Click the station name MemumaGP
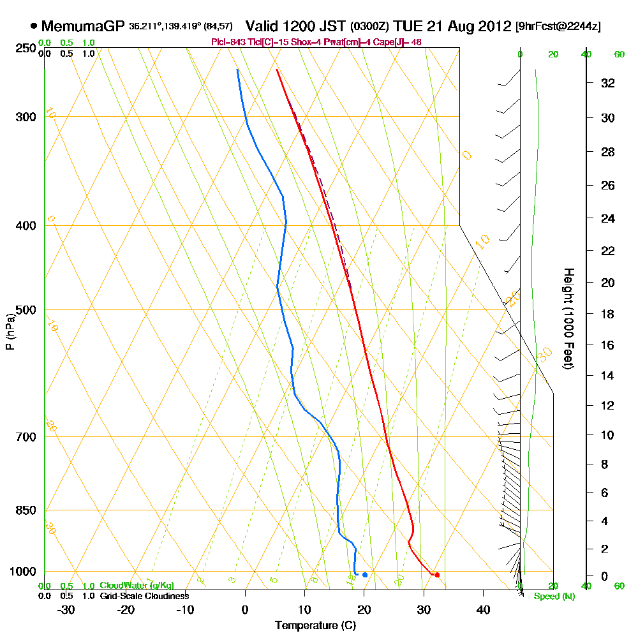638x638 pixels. tap(83, 26)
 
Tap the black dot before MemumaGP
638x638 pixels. tap(33, 26)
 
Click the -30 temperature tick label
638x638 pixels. tap(66, 610)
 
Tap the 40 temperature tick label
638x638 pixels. tap(483, 610)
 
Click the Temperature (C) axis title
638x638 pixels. tap(315, 626)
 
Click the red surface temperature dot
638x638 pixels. tap(437, 575)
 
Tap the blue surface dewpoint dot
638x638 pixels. tap(365, 575)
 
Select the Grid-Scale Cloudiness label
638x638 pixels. tap(144, 596)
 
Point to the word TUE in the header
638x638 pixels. tap(408, 26)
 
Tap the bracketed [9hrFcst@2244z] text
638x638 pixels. tap(558, 26)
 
